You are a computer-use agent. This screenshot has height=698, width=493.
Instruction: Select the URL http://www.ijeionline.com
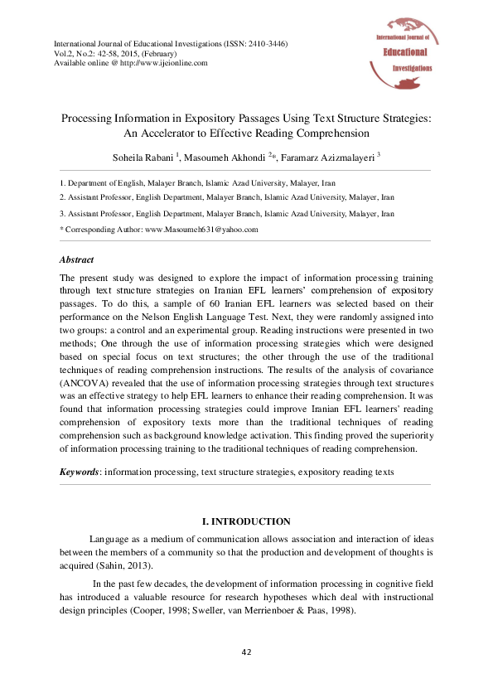(165, 62)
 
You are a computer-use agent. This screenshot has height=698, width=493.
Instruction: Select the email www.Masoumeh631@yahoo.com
(202, 229)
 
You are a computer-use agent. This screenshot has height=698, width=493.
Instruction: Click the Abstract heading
(77, 259)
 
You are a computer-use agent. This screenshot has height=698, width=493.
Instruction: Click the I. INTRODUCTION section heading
(246, 521)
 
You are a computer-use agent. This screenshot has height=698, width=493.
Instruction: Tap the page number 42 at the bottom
(246, 652)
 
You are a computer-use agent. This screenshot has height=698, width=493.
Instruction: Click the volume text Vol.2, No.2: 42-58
(88, 53)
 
